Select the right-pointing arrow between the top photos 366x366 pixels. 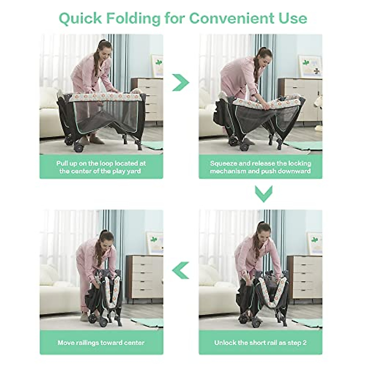181,82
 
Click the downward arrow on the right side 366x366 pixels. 264,194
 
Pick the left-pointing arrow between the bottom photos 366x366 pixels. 181,270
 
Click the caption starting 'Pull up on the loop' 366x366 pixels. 101,167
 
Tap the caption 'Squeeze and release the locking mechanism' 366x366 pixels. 260,167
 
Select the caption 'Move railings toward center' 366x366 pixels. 101,343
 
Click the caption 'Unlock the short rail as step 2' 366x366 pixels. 260,343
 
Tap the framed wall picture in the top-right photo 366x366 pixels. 310,66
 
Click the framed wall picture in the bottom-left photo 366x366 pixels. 154,243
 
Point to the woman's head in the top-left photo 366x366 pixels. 103,50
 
